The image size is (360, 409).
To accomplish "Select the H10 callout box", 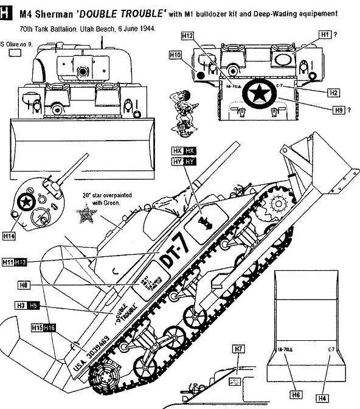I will (176, 55).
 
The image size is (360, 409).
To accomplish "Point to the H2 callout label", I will (333, 93).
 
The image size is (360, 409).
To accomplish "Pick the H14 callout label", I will (9, 236).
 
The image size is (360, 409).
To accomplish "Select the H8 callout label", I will (24, 284).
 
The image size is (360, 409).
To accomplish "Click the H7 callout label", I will (238, 349).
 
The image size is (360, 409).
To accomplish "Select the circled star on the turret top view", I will (26, 202).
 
